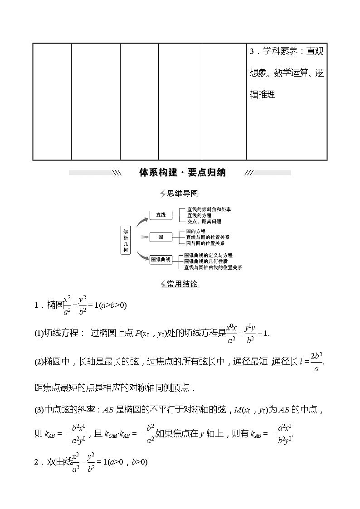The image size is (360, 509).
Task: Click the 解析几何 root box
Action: pyautogui.click(x=126, y=240)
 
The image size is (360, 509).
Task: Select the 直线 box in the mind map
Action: pyautogui.click(x=161, y=215)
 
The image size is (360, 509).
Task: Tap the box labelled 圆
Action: pyautogui.click(x=161, y=237)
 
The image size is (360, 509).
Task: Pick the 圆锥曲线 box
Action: pyautogui.click(x=161, y=259)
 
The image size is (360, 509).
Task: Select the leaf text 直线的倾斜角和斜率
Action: pyautogui.click(x=209, y=210)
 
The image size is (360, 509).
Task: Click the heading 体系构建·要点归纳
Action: pyautogui.click(x=182, y=173)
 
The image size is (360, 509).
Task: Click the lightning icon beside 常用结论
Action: pyautogui.click(x=163, y=284)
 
